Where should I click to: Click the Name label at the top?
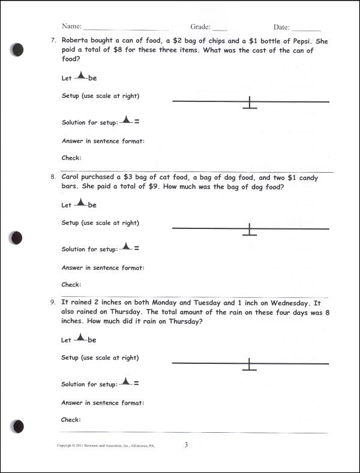(x=71, y=27)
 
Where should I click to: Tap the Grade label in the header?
(x=201, y=27)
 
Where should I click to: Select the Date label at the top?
(x=281, y=27)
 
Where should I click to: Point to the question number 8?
(x=53, y=177)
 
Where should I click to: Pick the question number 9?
(x=53, y=303)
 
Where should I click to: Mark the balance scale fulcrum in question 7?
(x=250, y=104)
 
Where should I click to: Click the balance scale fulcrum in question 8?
(x=250, y=230)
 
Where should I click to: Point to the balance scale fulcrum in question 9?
(x=250, y=365)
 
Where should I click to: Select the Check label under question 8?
(x=71, y=284)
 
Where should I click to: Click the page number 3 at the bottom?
(x=187, y=445)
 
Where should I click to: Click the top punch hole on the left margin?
(x=19, y=50)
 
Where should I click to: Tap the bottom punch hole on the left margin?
(x=19, y=426)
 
